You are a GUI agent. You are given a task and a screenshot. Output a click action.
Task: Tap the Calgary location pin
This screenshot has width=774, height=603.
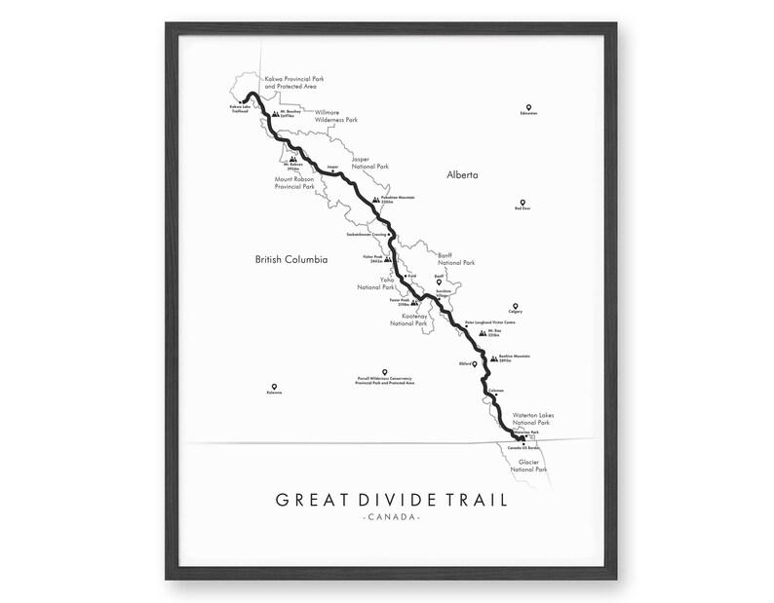pyautogui.click(x=528, y=304)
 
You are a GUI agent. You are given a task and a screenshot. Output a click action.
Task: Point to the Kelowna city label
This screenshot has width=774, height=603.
pyautogui.click(x=273, y=393)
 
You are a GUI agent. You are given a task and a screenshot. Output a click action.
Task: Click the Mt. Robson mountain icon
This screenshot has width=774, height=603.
pyautogui.click(x=291, y=156)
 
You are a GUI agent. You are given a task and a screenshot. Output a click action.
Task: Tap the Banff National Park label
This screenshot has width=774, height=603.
pyautogui.click(x=455, y=258)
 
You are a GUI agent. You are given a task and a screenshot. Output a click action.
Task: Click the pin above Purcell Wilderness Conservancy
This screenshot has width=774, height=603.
pyautogui.click(x=386, y=371)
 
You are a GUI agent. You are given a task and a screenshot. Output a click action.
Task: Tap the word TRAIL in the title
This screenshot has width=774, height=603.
pyautogui.click(x=477, y=501)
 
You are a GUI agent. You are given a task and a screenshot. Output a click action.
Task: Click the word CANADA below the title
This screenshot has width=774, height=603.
pyautogui.click(x=390, y=516)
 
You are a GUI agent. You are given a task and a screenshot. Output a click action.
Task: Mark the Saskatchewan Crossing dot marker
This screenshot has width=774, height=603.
pyautogui.click(x=389, y=235)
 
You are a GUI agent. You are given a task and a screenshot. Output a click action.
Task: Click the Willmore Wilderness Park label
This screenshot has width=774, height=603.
pyautogui.click(x=336, y=116)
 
